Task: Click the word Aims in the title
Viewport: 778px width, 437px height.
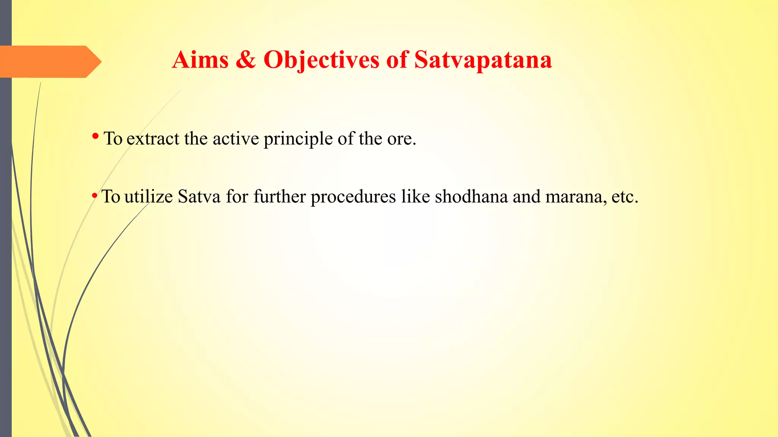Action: (200, 60)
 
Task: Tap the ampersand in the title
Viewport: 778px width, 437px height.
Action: (245, 60)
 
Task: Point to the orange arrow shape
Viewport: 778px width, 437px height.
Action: (49, 61)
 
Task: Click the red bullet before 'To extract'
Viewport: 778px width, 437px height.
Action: (95, 136)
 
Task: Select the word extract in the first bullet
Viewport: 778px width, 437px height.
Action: (153, 138)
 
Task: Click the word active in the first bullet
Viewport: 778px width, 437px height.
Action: (236, 138)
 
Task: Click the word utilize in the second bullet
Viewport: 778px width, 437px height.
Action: (149, 196)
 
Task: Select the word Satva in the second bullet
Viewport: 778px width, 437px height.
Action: (199, 196)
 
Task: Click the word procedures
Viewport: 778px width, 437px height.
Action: (353, 197)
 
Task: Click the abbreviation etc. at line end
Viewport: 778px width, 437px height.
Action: (625, 197)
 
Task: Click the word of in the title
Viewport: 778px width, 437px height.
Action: (397, 60)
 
